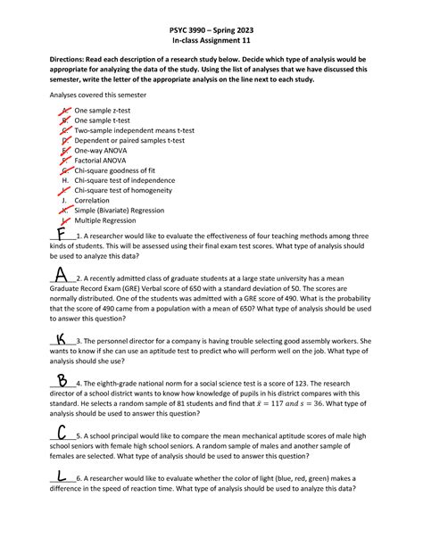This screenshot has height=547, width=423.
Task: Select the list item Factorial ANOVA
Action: (101, 160)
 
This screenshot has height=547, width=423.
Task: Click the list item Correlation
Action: (94, 200)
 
